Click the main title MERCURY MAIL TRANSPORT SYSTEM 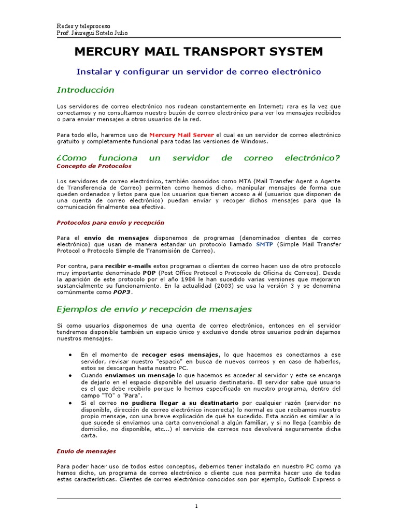[199, 52]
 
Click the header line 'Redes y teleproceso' [83, 26]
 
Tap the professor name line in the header [92, 33]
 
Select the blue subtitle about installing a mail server [199, 71]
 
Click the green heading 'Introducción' [85, 90]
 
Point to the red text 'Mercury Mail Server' [182, 135]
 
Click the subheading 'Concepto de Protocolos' [94, 166]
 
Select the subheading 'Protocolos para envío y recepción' [110, 223]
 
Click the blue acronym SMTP [265, 244]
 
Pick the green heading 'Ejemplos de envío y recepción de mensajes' [154, 310]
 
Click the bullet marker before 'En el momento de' [70, 355]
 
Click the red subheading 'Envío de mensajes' [86, 451]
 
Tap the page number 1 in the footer [197, 506]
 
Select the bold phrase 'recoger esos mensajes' [180, 355]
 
